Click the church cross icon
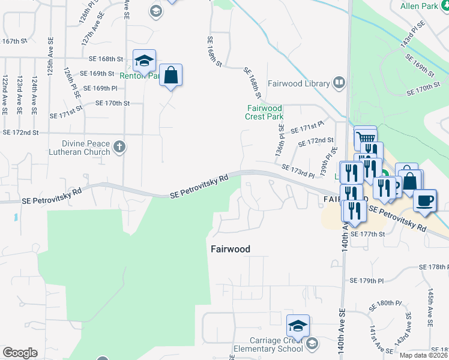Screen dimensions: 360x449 click(119, 146)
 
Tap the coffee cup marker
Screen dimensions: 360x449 click(425, 202)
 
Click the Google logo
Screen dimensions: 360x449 click(20, 353)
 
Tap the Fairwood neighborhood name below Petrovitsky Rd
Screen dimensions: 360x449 click(230, 248)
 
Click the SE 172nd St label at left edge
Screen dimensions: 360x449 click(20, 132)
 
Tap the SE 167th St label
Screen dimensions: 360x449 click(15, 41)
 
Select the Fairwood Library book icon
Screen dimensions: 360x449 click(339, 83)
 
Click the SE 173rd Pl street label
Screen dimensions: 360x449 click(298, 172)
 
